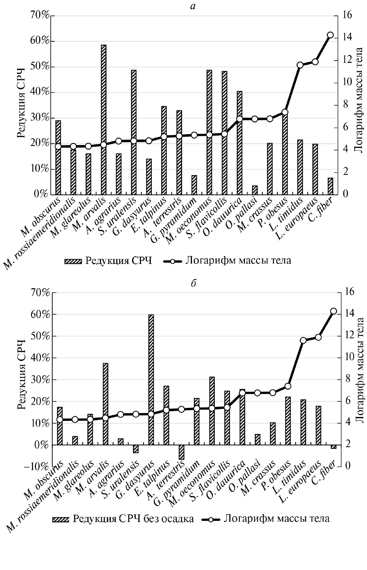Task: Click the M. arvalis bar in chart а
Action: click(104, 120)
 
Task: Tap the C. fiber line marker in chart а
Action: click(330, 35)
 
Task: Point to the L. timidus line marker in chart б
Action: click(303, 341)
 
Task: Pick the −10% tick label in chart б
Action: click(35, 466)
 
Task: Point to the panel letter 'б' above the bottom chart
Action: click(193, 283)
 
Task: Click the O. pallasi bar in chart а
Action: click(255, 190)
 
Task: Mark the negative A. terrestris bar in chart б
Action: click(181, 452)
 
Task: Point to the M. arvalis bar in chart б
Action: click(105, 404)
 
